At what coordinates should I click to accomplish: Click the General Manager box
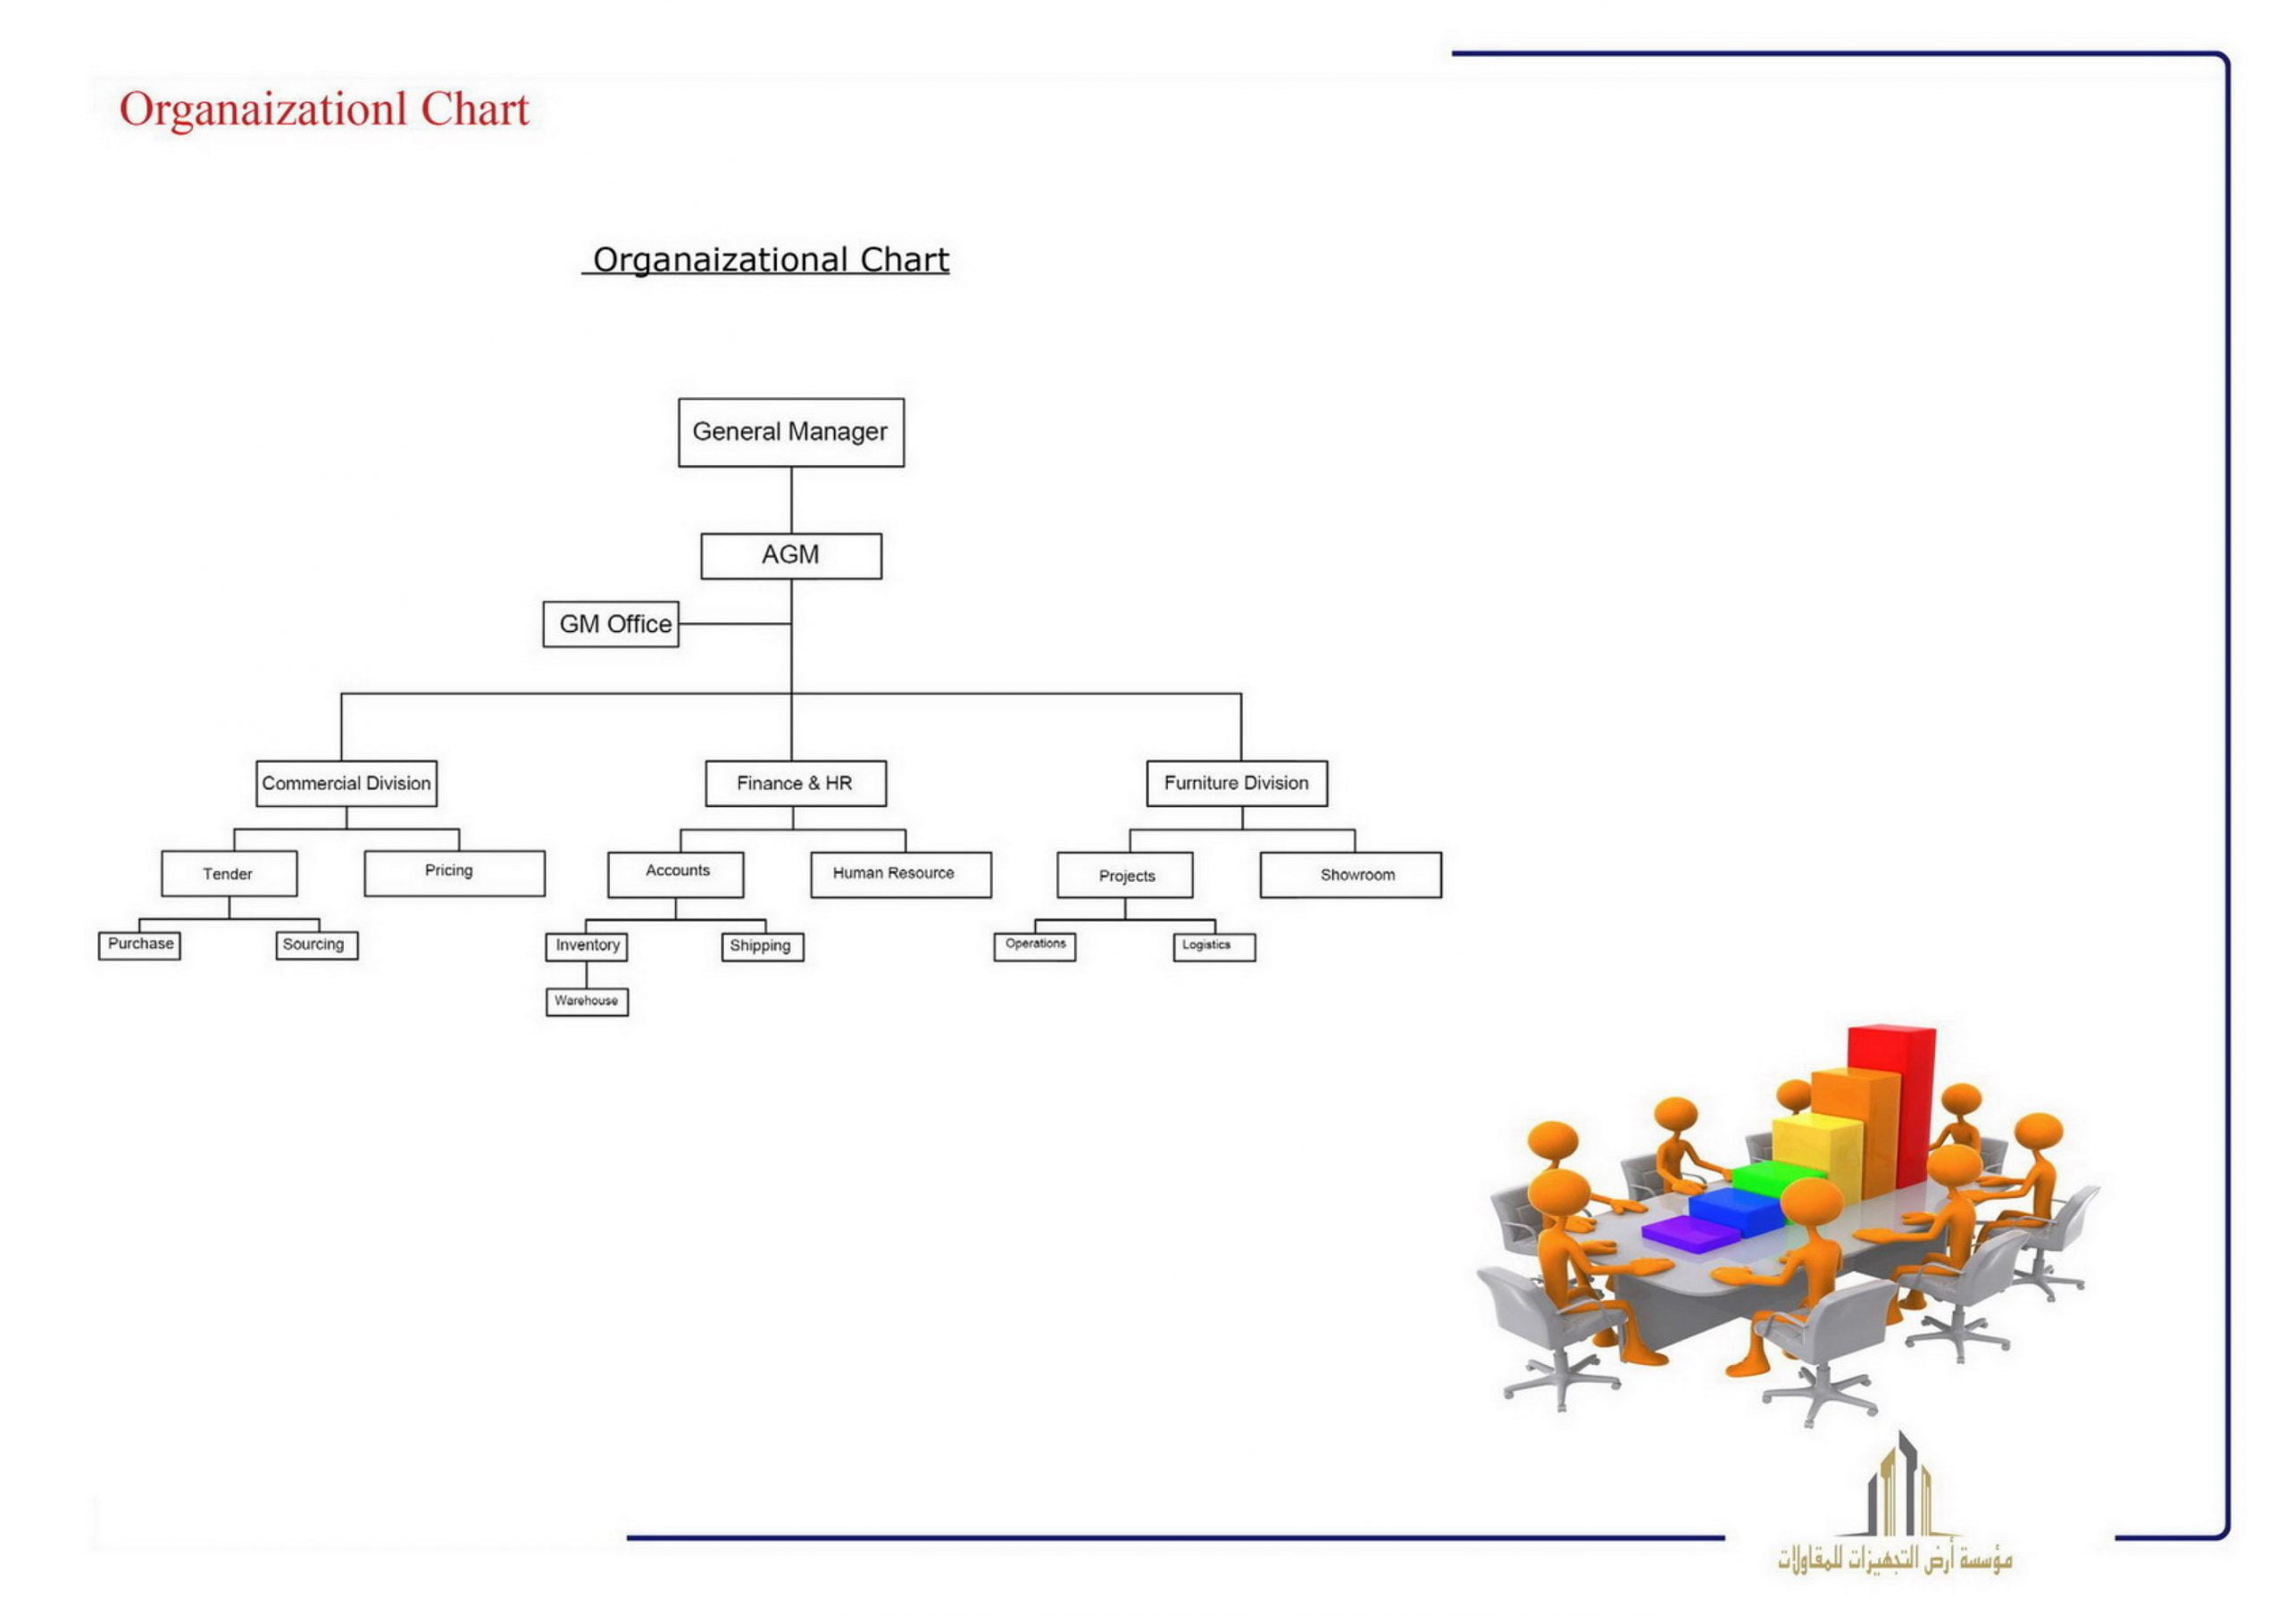click(x=790, y=432)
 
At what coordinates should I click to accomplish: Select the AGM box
click(x=790, y=555)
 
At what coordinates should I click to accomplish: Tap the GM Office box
click(x=610, y=624)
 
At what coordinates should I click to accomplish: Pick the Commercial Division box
click(x=346, y=784)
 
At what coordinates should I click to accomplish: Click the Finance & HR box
click(x=795, y=784)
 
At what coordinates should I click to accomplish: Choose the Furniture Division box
click(x=1236, y=784)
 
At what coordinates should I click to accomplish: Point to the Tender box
click(x=228, y=873)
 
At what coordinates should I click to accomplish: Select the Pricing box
click(x=454, y=873)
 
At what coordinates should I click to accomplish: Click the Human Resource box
click(x=900, y=874)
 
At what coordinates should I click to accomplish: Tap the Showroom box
click(x=1350, y=874)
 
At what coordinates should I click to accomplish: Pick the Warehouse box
click(x=587, y=1001)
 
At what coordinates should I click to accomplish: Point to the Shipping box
click(x=762, y=946)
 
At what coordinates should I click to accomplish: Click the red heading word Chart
click(x=474, y=110)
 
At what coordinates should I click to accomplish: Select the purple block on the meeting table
click(x=1689, y=1234)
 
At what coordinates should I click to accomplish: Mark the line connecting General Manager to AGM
click(x=791, y=500)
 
